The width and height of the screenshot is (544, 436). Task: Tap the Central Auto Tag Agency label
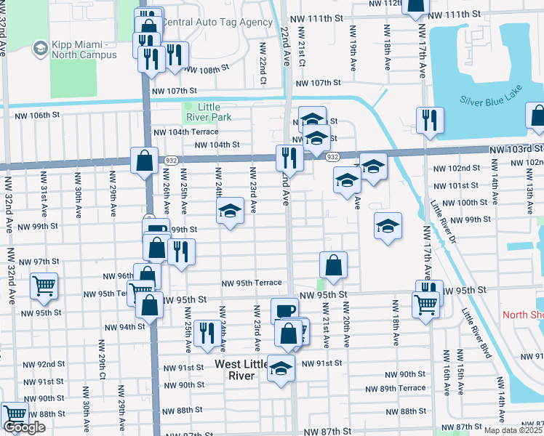point(216,23)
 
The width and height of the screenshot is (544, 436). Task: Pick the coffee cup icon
point(284,310)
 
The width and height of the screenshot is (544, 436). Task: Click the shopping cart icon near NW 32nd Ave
point(44,286)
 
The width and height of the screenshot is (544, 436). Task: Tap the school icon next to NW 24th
point(230,211)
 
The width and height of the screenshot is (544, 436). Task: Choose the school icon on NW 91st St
point(281,368)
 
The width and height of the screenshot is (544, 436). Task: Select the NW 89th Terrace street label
point(402,388)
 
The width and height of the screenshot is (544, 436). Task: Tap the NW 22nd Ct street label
point(262,70)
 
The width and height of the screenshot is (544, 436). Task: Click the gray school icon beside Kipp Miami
point(40,49)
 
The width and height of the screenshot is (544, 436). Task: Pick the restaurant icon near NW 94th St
point(207,333)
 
